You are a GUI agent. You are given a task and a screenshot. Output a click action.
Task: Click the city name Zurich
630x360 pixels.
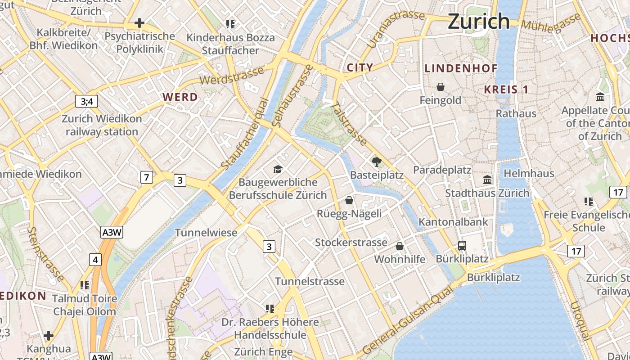479,21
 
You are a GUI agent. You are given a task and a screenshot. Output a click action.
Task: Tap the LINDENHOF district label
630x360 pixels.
461,68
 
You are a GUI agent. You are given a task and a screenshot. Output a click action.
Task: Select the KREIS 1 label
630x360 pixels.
506,90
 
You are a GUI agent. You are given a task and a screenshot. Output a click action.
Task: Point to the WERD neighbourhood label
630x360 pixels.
180,97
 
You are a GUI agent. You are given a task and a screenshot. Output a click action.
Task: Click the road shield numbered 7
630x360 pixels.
146,177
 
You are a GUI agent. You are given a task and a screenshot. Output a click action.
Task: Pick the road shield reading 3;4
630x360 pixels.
86,101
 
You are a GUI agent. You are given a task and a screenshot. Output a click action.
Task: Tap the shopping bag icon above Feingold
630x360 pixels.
441,87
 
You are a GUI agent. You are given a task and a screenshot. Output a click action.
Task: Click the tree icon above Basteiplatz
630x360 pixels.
377,162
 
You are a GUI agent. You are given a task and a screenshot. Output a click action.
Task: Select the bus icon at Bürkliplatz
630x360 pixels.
462,246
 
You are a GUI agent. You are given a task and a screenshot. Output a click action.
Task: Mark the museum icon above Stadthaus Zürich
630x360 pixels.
487,180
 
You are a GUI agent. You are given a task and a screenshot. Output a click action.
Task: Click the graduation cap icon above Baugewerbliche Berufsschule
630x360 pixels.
278,169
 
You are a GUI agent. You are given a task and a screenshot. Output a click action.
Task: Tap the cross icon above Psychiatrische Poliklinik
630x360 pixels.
139,22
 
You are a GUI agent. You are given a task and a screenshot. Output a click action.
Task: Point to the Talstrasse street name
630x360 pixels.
349,124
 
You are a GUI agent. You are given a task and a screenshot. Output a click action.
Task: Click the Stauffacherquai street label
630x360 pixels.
245,135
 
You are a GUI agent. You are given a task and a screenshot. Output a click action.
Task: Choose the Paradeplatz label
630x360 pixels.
442,170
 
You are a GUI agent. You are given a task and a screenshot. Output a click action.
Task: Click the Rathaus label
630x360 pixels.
516,113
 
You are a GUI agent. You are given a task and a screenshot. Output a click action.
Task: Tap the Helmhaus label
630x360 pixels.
529,173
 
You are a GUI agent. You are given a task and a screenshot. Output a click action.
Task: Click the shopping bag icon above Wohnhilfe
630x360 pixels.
400,246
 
